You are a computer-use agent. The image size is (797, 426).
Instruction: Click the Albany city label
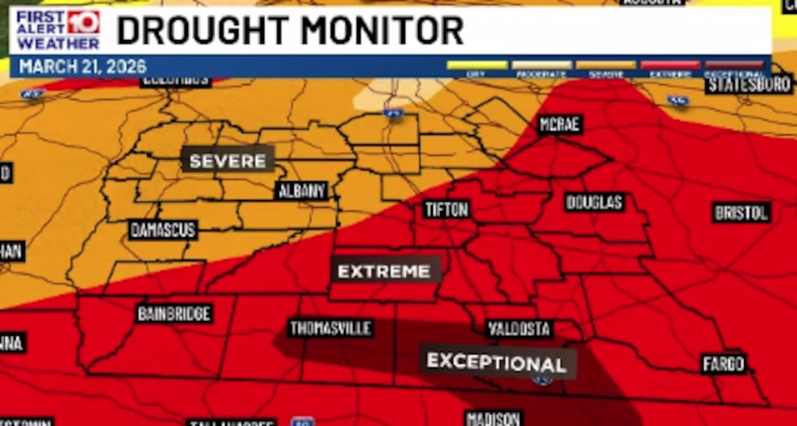[x=302, y=191]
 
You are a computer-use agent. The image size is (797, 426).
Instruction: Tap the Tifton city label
[x=446, y=210]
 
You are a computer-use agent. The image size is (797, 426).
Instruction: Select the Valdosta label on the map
[x=520, y=329]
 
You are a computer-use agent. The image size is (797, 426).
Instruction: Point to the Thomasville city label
[x=331, y=328]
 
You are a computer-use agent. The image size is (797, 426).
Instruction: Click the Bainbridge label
[x=175, y=313]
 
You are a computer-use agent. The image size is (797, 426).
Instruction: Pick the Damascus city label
[x=163, y=230]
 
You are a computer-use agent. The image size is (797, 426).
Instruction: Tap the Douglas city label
[x=594, y=202]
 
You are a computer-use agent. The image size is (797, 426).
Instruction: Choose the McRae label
[x=560, y=124]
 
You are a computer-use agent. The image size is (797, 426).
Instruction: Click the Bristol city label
[x=742, y=212]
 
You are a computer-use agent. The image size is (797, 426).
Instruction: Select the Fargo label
[x=724, y=363]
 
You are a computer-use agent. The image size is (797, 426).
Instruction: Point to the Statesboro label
[x=749, y=85]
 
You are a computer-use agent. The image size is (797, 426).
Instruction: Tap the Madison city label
[x=493, y=418]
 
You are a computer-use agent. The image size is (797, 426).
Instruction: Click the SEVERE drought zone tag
[x=228, y=160]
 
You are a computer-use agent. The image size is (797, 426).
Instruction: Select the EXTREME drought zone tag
[x=384, y=271]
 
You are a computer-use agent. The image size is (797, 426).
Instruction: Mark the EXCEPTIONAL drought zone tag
[x=497, y=362]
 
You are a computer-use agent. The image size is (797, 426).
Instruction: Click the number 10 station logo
[x=83, y=21]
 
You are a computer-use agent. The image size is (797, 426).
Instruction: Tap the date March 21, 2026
[x=83, y=66]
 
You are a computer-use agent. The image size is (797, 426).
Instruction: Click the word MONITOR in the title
[x=381, y=31]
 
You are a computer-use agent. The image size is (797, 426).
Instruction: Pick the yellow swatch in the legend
[x=477, y=65]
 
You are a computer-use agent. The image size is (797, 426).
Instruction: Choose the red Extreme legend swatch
[x=670, y=65]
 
